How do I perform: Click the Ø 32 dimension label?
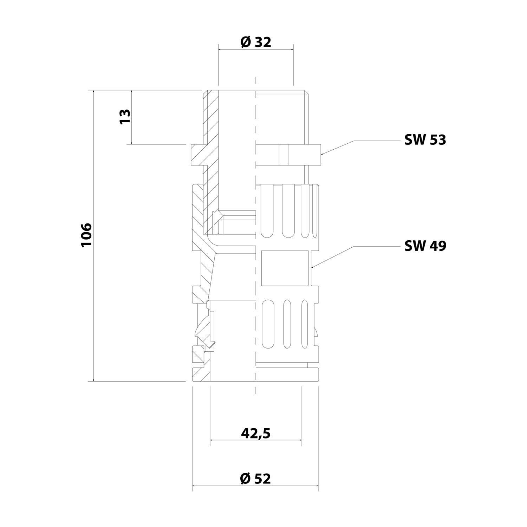click(x=256, y=42)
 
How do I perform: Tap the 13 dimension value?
click(x=125, y=116)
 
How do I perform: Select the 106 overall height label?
click(x=86, y=235)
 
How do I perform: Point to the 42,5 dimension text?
click(x=256, y=434)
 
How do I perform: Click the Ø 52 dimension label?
click(x=256, y=478)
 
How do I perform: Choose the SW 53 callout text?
click(x=425, y=140)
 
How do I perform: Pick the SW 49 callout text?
click(x=425, y=246)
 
